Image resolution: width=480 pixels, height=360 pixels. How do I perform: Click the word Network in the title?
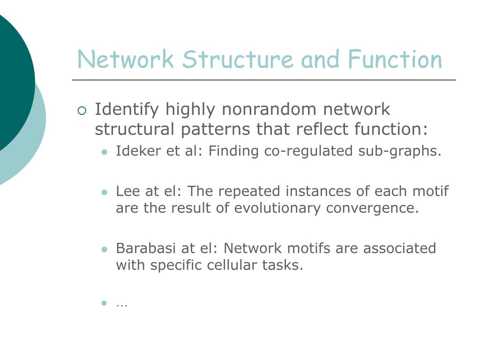click(125, 60)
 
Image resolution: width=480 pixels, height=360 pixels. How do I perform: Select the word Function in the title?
click(395, 60)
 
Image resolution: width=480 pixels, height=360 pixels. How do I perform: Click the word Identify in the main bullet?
click(120, 110)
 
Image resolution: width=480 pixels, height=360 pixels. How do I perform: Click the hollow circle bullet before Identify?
click(82, 111)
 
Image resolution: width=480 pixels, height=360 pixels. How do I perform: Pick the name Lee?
click(126, 191)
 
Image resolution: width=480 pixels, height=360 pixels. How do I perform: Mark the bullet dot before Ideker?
click(105, 152)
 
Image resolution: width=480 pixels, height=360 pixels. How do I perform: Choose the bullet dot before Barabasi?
click(105, 249)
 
